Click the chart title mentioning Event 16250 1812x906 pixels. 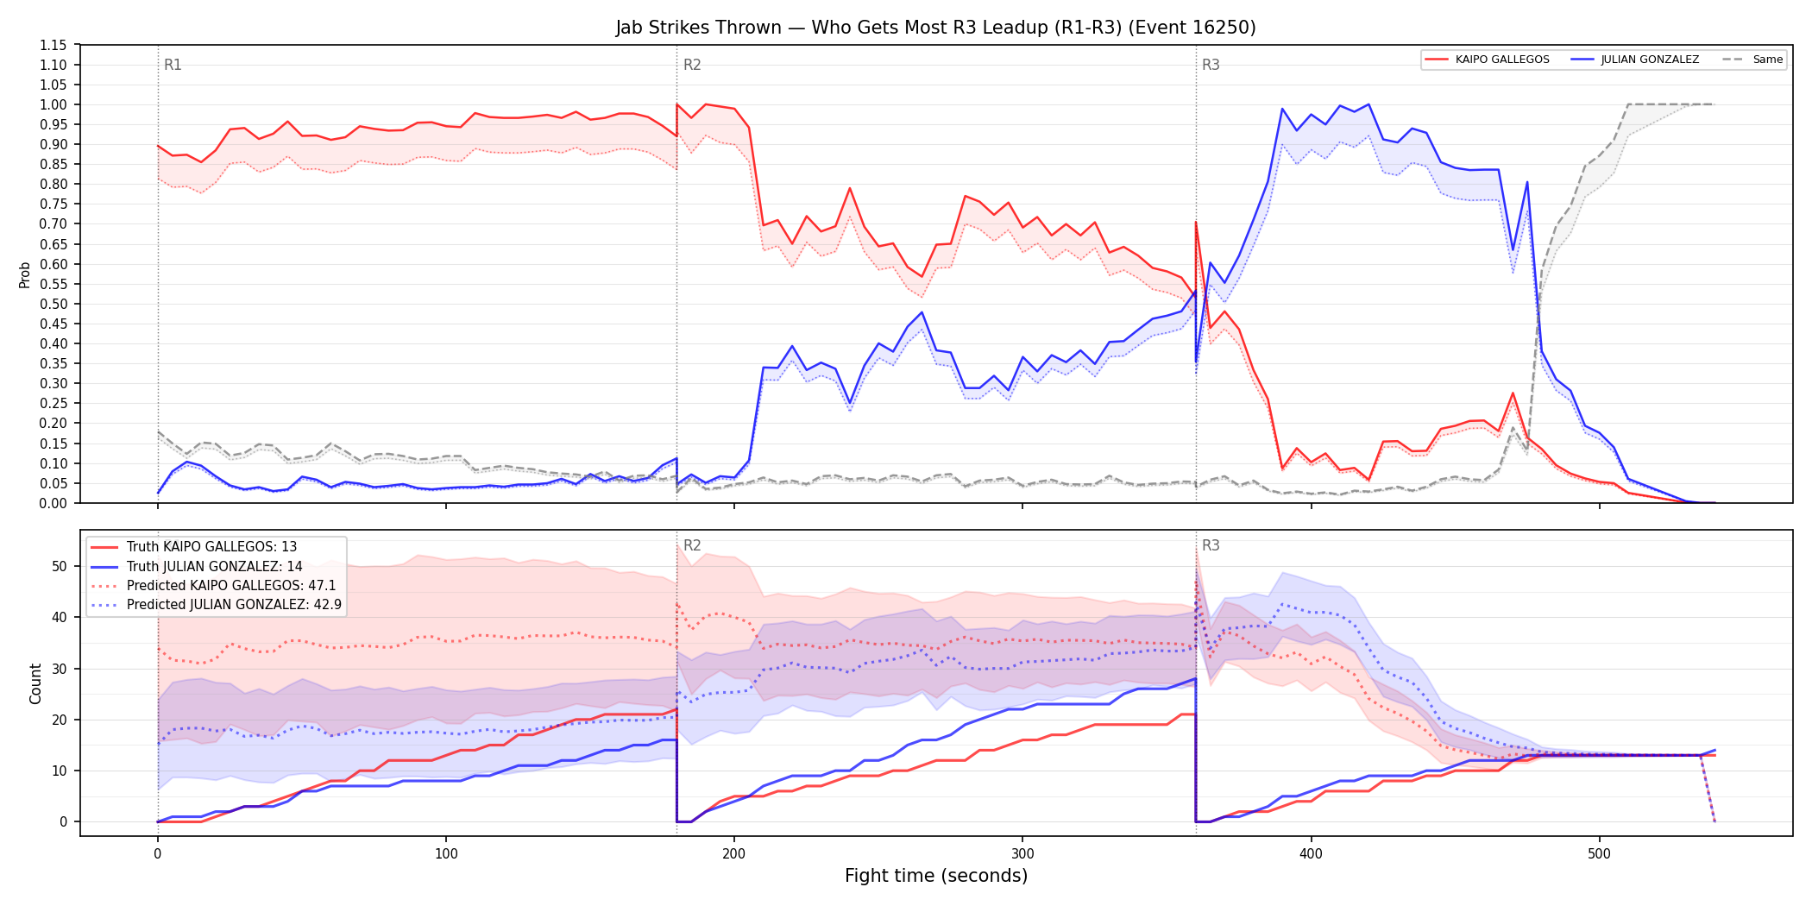935,28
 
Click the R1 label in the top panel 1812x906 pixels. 173,65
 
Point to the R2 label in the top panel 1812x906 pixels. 692,65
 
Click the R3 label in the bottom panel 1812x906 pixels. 1211,545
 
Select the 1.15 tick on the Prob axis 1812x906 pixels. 53,45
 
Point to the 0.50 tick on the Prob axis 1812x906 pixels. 53,304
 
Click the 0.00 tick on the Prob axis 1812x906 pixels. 53,503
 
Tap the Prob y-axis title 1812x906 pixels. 24,274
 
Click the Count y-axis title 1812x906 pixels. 35,683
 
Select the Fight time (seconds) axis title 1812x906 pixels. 936,876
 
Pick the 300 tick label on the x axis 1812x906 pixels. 1022,854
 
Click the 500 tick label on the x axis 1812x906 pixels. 1599,854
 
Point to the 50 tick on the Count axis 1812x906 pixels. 60,567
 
